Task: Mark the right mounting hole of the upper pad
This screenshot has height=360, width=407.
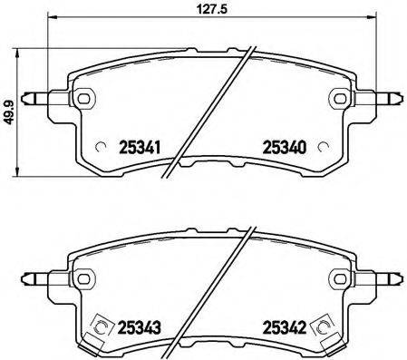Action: click(339, 98)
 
